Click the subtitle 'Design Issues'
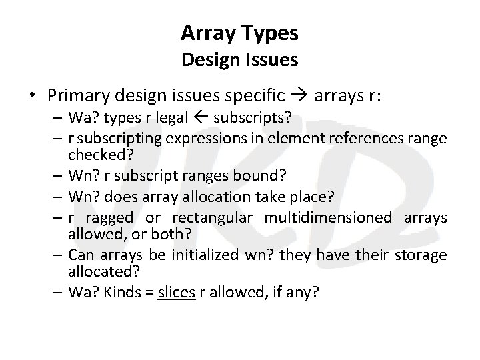[240, 60]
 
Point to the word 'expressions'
[173, 138]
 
